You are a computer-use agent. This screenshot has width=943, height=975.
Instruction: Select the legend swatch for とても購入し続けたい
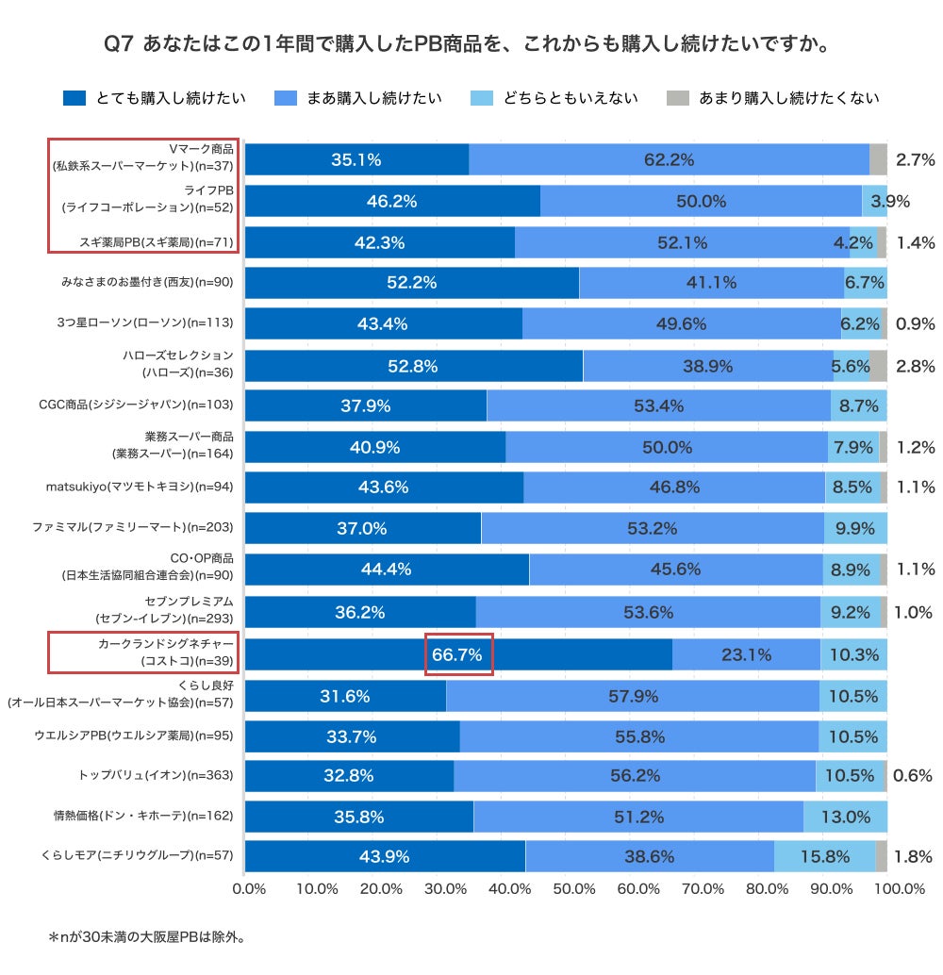point(74,98)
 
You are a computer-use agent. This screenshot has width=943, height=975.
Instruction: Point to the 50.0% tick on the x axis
point(574,888)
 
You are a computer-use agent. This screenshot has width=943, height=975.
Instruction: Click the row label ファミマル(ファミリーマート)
point(139,527)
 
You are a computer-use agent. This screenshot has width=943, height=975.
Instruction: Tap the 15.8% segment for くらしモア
point(823,856)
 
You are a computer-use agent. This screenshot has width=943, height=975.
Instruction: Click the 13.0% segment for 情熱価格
point(845,816)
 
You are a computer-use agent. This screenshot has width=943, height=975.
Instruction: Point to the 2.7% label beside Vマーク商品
point(915,160)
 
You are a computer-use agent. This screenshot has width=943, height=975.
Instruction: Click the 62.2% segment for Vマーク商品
point(669,160)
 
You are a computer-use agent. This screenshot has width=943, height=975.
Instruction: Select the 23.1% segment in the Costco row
point(746,654)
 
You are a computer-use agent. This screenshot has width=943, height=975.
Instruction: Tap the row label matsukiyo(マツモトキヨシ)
point(141,487)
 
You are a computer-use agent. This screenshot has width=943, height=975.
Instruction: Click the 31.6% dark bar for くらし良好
point(345,696)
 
